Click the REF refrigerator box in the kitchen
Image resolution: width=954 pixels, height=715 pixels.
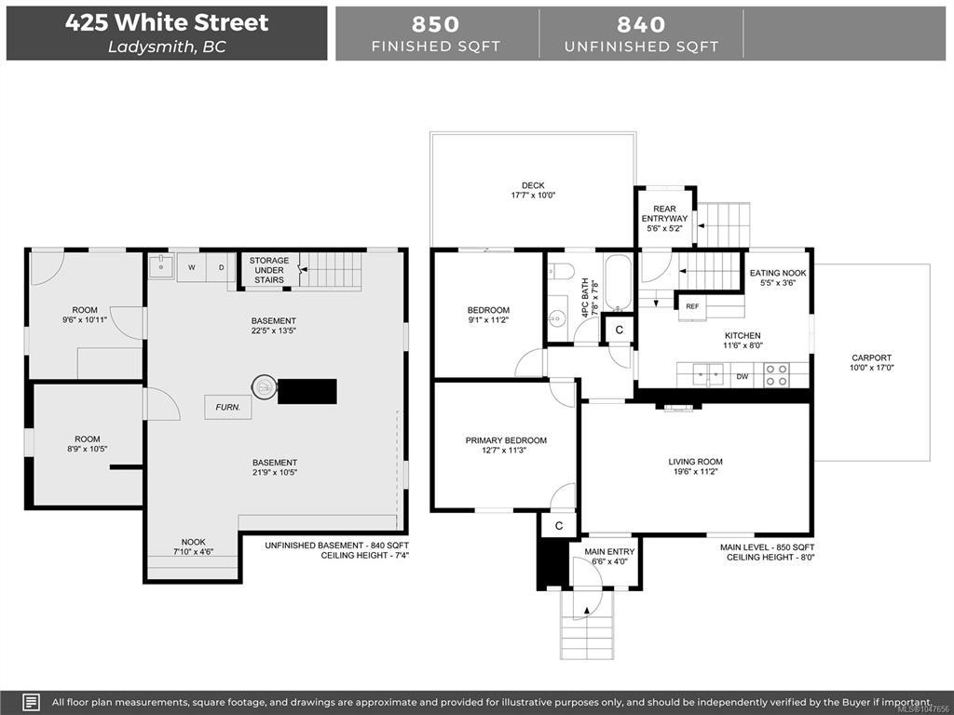click(692, 306)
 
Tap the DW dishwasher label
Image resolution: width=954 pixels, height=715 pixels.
click(743, 377)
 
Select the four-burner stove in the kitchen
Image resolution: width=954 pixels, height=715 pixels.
click(777, 374)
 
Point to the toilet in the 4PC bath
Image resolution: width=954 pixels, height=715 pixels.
click(561, 271)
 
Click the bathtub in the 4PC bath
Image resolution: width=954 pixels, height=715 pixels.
click(619, 282)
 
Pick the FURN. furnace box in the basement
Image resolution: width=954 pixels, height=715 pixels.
click(228, 408)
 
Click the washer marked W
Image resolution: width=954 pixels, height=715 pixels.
click(192, 267)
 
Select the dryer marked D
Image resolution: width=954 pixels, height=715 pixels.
click(221, 267)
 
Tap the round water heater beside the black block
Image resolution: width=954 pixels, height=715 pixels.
click(265, 386)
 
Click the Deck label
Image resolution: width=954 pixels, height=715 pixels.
click(533, 185)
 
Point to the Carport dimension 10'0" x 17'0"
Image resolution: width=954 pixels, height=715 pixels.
click(871, 368)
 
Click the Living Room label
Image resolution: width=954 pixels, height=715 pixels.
click(695, 462)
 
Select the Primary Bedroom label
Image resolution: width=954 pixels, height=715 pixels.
click(506, 440)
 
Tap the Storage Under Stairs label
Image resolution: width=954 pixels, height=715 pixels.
click(269, 270)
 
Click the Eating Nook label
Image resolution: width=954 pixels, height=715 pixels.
click(778, 273)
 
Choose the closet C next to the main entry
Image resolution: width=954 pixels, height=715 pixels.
click(559, 526)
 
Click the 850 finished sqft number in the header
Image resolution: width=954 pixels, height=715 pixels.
click(436, 24)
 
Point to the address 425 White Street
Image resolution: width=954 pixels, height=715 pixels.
click(167, 22)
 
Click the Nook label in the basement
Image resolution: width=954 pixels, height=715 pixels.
click(194, 542)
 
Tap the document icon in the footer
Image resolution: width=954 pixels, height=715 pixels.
click(32, 702)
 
